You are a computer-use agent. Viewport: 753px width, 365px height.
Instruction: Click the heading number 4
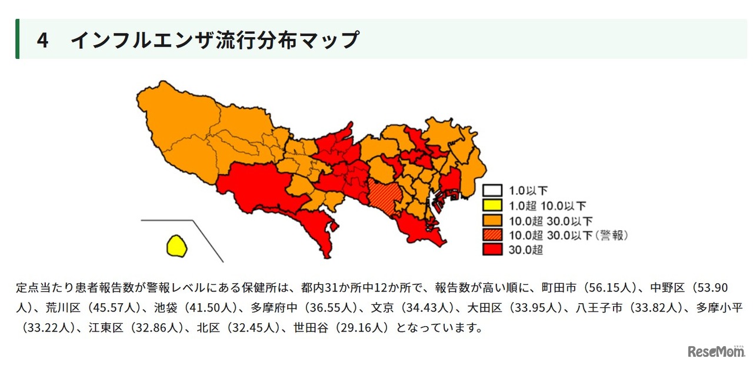42,40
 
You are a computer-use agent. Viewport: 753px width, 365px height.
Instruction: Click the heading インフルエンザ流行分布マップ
215,40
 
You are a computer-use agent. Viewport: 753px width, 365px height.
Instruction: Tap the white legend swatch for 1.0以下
492,191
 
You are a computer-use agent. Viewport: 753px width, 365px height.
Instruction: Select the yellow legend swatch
492,205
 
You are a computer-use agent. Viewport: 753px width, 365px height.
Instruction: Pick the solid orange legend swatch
492,220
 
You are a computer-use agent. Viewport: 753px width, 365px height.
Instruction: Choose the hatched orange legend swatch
492,235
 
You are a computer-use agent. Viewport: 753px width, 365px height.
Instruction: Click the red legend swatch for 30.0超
492,250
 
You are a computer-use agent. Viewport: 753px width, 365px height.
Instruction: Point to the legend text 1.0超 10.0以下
548,205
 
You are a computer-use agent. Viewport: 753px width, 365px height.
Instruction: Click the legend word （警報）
612,235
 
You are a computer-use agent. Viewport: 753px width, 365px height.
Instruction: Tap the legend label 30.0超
526,250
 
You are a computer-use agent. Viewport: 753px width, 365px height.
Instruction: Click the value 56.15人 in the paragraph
612,288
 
